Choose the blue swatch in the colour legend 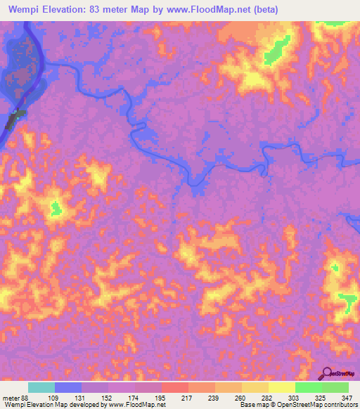(x=68, y=387)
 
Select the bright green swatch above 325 (x=308, y=387)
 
